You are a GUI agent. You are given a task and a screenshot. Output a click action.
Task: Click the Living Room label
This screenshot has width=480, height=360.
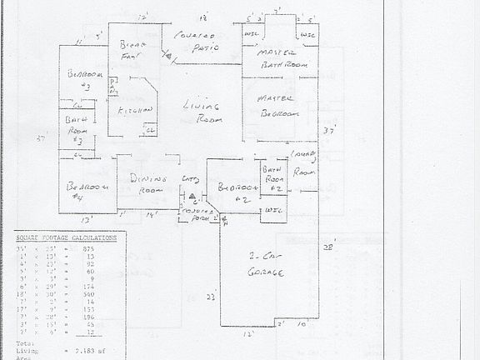click(201, 112)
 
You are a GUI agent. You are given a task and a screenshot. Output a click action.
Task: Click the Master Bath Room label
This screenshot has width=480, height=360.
click(279, 57)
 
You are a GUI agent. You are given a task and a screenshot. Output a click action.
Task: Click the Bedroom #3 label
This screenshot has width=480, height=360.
click(85, 79)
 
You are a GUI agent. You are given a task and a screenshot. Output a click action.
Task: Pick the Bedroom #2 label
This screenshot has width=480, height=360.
click(234, 193)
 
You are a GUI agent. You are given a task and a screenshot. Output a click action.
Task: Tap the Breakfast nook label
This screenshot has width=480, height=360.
click(133, 50)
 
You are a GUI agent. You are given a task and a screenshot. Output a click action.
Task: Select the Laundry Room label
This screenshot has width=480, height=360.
click(302, 164)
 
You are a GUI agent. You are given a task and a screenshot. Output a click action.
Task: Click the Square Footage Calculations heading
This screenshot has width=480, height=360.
click(66, 237)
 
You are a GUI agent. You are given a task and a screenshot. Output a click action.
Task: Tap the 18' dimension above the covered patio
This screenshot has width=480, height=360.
click(202, 17)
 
